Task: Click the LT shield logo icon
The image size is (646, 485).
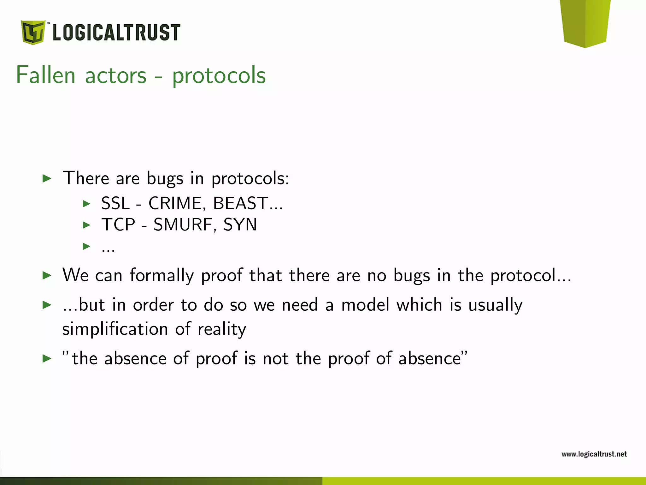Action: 33,32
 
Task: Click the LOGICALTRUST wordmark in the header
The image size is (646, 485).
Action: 116,32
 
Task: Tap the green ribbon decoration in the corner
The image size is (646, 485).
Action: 586,22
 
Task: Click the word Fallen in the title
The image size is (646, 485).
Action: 46,75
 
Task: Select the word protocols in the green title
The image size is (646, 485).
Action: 219,76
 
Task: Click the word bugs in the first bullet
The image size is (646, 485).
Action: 165,179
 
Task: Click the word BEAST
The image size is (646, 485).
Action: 241,203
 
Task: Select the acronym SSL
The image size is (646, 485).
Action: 115,203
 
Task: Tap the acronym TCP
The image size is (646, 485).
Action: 118,225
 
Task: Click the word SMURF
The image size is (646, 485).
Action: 183,225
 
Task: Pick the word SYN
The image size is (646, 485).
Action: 240,225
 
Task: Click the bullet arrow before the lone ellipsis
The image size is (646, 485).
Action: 86,246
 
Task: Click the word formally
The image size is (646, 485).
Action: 161,275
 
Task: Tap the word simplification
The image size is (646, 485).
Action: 115,329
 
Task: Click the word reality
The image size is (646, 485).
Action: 222,329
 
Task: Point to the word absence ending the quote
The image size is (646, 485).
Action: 431,358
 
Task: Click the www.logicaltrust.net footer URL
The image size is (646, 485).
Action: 594,454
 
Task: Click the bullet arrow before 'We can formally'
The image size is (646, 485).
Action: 47,275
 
